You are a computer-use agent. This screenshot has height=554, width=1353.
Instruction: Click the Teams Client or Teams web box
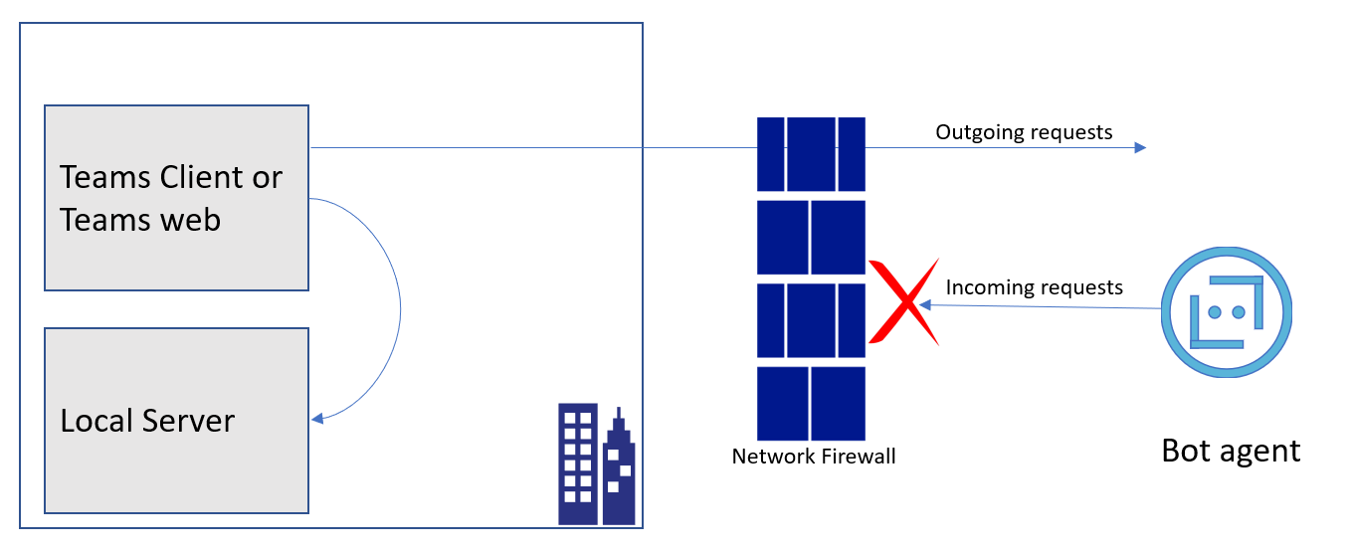pos(176,198)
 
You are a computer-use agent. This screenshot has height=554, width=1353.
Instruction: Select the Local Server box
pos(176,420)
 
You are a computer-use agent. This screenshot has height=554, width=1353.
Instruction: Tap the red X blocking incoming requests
pos(903,302)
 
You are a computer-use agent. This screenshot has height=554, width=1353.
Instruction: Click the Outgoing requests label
pos(1024,132)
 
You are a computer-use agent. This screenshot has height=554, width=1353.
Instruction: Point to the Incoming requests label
pos(1034,287)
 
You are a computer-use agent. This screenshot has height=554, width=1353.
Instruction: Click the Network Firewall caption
pos(813,457)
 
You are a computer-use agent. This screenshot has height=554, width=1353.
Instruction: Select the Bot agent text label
pos(1231,451)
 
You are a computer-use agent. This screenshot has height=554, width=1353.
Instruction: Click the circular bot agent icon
pos(1226,311)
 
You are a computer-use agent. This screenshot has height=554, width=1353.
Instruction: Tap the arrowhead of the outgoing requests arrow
pos(1140,148)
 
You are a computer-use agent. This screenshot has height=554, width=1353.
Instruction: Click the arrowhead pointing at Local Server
pos(317,419)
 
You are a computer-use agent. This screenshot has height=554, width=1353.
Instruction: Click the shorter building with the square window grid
pos(578,463)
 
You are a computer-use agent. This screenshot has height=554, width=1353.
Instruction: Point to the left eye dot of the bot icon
pos(1214,311)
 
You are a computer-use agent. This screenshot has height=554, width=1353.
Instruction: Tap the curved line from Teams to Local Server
pos(400,308)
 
